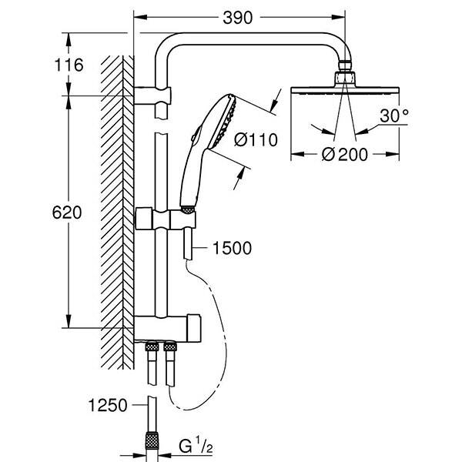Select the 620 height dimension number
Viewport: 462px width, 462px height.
[x=69, y=213]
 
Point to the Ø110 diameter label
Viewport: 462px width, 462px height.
[x=251, y=140]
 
